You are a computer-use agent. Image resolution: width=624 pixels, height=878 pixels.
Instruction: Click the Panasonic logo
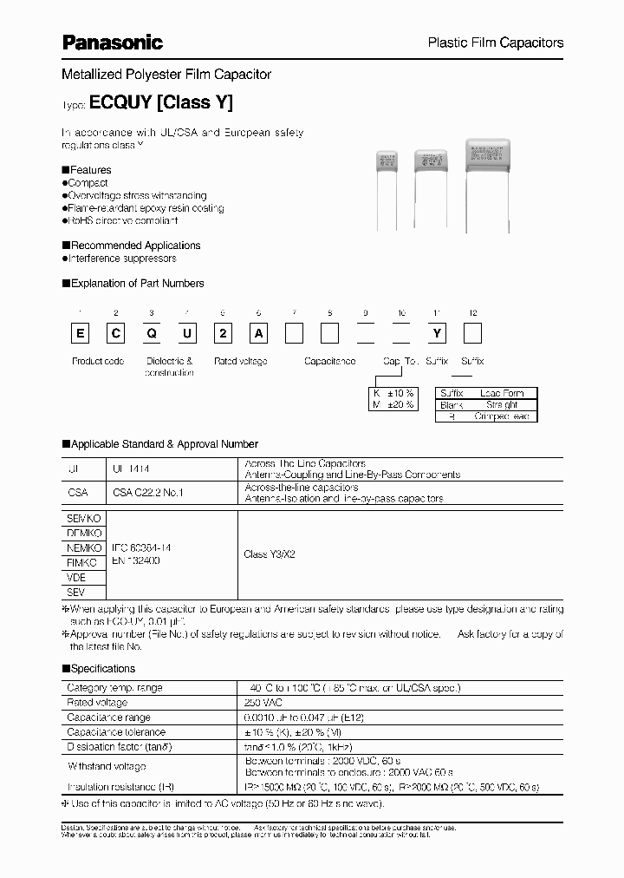point(113,41)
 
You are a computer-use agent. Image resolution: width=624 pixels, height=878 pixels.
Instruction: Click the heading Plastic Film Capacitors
point(497,43)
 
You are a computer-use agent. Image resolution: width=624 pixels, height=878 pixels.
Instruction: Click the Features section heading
point(89,170)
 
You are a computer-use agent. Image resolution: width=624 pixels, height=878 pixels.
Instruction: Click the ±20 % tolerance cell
point(394,405)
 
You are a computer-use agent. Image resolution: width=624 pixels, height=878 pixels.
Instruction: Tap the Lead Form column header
point(502,393)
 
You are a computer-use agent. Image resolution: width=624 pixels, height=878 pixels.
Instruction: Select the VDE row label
point(76,577)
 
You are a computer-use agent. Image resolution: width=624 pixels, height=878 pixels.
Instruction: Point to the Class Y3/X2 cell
point(270,554)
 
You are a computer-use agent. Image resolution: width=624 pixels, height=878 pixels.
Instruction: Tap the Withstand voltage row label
point(107,766)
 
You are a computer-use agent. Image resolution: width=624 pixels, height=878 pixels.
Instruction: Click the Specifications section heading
point(102,669)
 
